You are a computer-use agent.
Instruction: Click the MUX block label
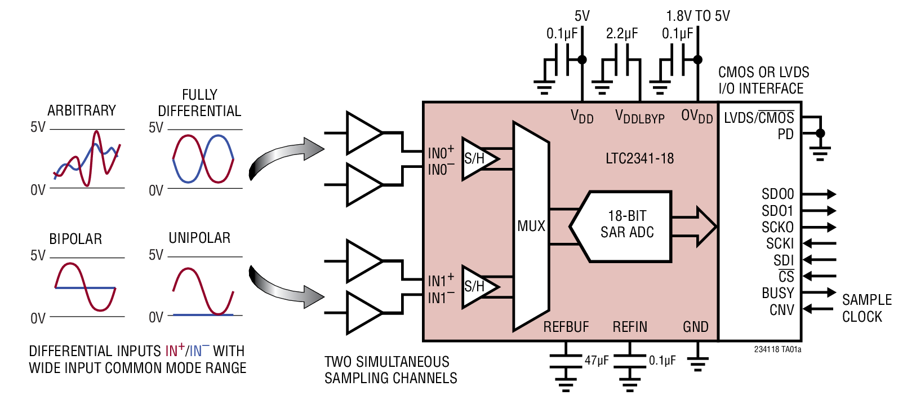point(531,226)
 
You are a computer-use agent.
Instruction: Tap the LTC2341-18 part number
point(639,158)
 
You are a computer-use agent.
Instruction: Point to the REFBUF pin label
point(566,327)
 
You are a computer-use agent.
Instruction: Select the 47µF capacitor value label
point(597,361)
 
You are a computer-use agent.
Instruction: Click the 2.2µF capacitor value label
point(622,34)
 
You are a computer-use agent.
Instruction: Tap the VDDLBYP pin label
point(639,117)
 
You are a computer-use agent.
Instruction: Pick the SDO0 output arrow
point(820,194)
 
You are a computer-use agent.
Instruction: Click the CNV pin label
point(782,310)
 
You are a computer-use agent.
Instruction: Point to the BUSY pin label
point(777,293)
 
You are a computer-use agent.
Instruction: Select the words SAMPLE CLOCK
point(866,308)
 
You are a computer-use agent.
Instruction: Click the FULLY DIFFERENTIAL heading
point(199,103)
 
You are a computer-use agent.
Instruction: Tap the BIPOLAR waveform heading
point(75,239)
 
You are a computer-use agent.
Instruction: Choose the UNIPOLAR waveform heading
point(199,238)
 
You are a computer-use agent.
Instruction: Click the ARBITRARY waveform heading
point(81,110)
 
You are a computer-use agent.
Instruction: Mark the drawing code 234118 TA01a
point(777,349)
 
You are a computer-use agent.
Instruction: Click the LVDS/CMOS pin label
point(759,118)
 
